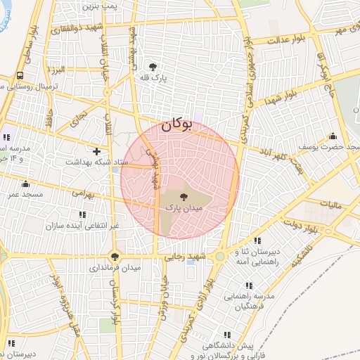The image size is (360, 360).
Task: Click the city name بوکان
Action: [x=176, y=126]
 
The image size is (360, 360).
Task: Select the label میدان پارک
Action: [x=184, y=209]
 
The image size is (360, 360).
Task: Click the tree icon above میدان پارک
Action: [x=184, y=198]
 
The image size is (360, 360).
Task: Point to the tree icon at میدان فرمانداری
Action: [x=115, y=257]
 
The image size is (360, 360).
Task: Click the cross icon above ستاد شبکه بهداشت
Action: [x=96, y=151]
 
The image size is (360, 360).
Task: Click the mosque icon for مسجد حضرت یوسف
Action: [x=333, y=136]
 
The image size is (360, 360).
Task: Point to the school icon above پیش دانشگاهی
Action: [x=226, y=335]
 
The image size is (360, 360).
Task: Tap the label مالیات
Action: [x=328, y=205]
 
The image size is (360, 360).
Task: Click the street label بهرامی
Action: [x=82, y=191]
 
